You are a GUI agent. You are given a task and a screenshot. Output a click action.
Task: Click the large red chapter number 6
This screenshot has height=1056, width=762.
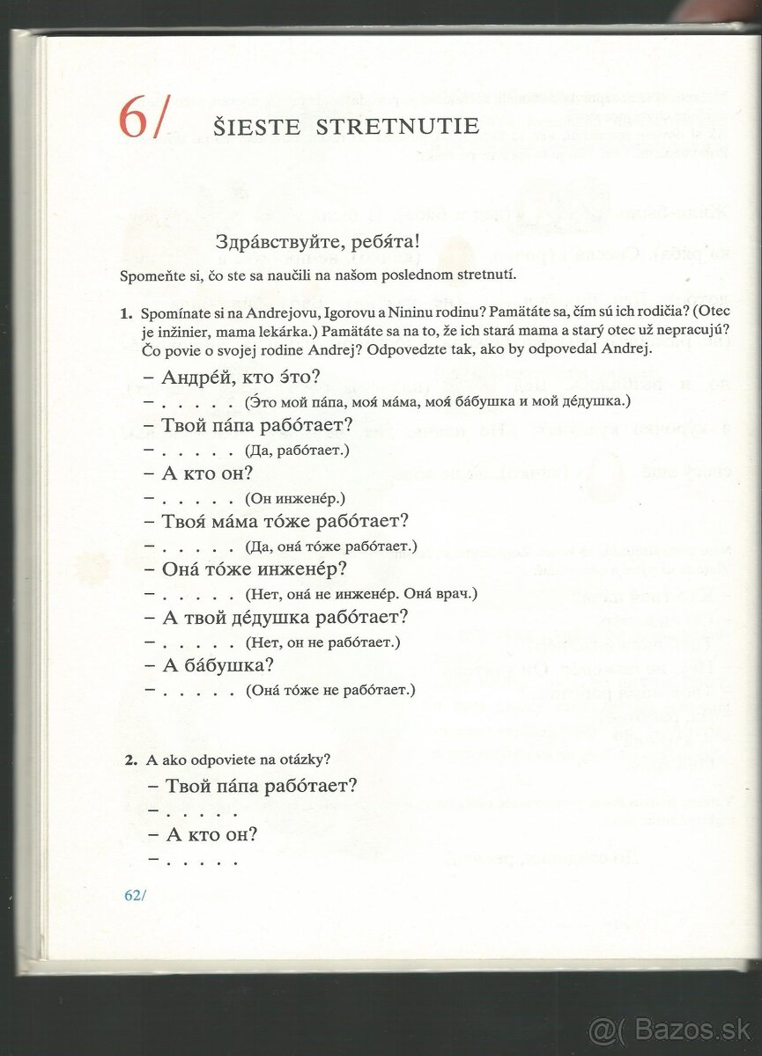pos(133,120)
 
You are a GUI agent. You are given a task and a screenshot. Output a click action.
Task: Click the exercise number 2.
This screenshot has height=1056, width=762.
pos(129,759)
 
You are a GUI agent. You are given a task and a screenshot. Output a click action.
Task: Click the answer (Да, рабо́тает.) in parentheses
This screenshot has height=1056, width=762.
pos(299,451)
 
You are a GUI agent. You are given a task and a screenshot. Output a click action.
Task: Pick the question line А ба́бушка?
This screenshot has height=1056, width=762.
pos(218,664)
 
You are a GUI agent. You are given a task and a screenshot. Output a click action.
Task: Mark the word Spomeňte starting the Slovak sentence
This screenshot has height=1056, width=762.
pos(152,275)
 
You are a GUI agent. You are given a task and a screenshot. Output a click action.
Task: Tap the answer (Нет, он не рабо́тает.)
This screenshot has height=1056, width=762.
pos(323,642)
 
